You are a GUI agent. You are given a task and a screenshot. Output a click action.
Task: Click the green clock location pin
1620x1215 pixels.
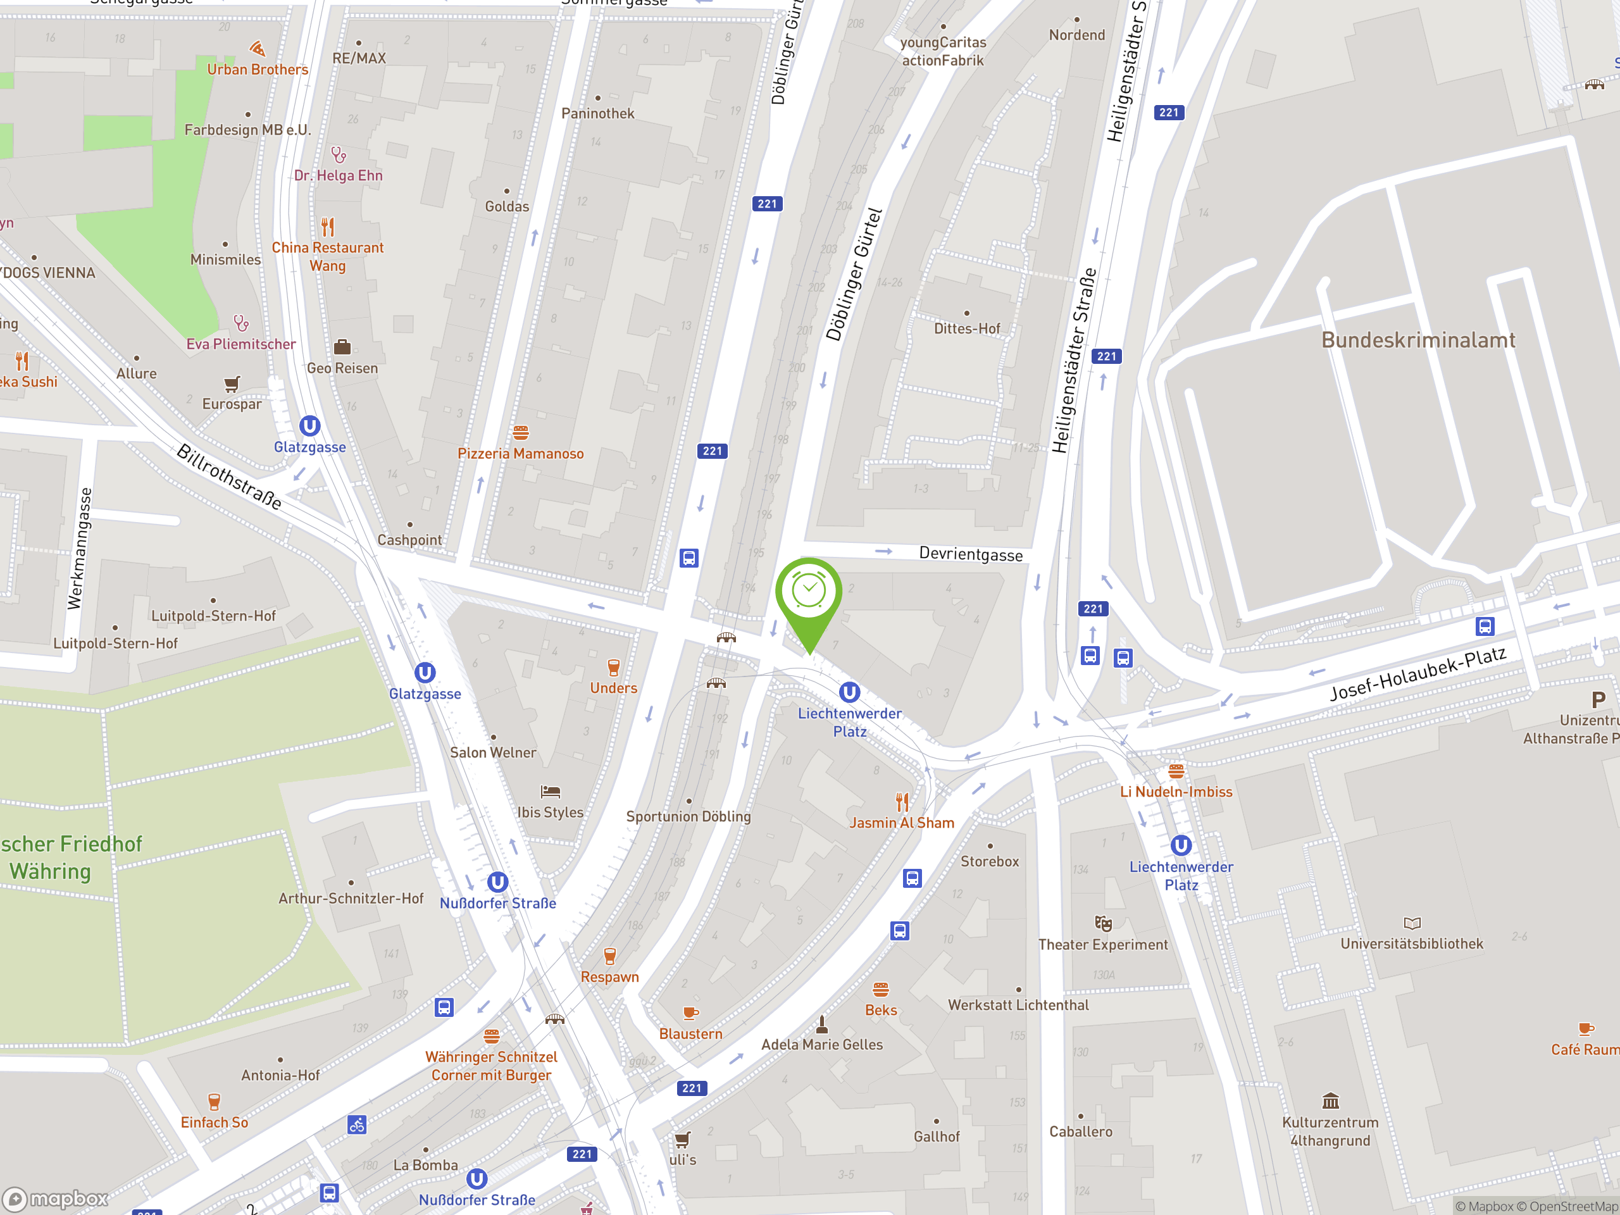tap(809, 593)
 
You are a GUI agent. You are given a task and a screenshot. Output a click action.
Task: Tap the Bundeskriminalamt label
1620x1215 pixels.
tap(1418, 340)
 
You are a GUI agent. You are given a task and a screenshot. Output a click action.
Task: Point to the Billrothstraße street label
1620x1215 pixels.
tap(229, 477)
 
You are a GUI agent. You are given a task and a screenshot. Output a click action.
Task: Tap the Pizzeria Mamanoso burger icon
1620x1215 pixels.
tap(521, 433)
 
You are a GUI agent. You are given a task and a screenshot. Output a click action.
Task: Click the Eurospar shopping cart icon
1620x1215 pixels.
tap(232, 383)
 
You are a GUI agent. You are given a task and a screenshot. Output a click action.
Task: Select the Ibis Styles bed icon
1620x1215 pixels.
tap(550, 792)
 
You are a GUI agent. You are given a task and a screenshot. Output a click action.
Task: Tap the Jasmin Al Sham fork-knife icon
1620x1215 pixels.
tap(902, 802)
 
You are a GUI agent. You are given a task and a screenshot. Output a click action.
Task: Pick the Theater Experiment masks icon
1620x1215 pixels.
tap(1103, 923)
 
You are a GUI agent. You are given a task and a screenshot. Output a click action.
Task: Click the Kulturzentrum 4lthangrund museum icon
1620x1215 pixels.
tap(1330, 1100)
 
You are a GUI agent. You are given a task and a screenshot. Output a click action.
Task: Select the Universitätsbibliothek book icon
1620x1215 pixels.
tap(1412, 923)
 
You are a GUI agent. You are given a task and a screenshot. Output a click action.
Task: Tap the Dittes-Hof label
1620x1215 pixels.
tap(967, 329)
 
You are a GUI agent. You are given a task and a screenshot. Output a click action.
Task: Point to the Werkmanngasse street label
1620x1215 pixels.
tap(80, 549)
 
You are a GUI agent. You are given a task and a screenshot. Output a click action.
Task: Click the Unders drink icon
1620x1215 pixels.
tap(614, 667)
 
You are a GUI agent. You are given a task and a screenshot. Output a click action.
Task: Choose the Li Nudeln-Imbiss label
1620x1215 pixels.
tap(1176, 792)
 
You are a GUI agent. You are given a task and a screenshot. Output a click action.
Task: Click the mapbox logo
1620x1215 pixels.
tap(56, 1199)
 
